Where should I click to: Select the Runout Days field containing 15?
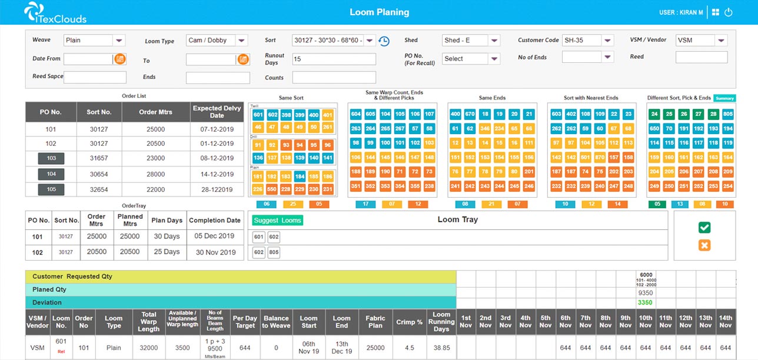(x=334, y=59)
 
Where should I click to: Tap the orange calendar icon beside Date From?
(x=119, y=59)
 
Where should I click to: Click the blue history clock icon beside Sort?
(x=384, y=41)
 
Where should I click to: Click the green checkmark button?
(x=704, y=228)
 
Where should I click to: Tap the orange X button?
(x=704, y=245)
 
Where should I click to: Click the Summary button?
(x=724, y=98)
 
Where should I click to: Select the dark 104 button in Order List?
(x=51, y=174)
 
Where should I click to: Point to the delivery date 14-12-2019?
(x=217, y=174)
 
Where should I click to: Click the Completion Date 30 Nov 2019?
(x=215, y=252)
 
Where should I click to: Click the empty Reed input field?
(x=702, y=57)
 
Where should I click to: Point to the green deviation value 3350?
(x=646, y=302)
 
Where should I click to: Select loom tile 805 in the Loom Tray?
(x=274, y=252)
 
